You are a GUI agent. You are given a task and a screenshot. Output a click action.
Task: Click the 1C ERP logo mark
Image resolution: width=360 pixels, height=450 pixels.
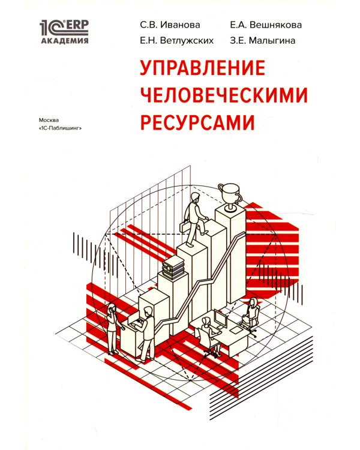click(x=64, y=28)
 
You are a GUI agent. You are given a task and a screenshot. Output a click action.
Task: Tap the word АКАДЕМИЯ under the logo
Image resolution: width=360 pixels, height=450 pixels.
click(x=64, y=41)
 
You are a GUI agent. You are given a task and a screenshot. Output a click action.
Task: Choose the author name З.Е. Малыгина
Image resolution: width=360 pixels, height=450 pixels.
click(x=262, y=41)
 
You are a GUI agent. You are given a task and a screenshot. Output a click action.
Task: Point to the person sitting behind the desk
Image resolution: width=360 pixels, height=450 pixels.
click(x=251, y=311)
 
